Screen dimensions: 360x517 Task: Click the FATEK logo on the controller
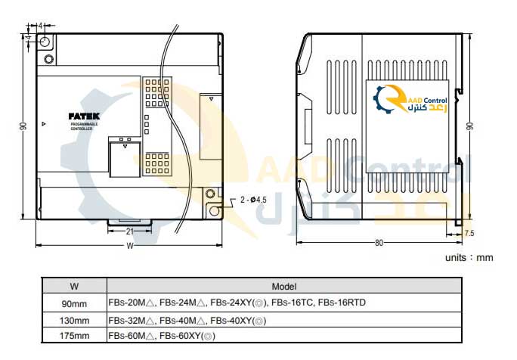click(83, 116)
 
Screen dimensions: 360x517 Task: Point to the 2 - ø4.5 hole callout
click(253, 200)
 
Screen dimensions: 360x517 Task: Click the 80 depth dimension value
click(378, 243)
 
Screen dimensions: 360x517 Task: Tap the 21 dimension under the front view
click(130, 231)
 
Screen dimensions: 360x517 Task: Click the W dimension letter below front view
click(130, 246)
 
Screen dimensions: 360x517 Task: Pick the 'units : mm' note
click(468, 257)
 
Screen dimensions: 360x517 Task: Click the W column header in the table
click(73, 287)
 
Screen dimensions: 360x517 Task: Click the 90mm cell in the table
click(74, 303)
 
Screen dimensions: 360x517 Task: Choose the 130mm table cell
click(74, 320)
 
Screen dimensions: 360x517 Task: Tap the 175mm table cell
click(74, 335)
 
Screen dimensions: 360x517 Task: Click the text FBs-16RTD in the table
click(342, 303)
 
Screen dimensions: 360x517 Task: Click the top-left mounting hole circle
click(45, 41)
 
